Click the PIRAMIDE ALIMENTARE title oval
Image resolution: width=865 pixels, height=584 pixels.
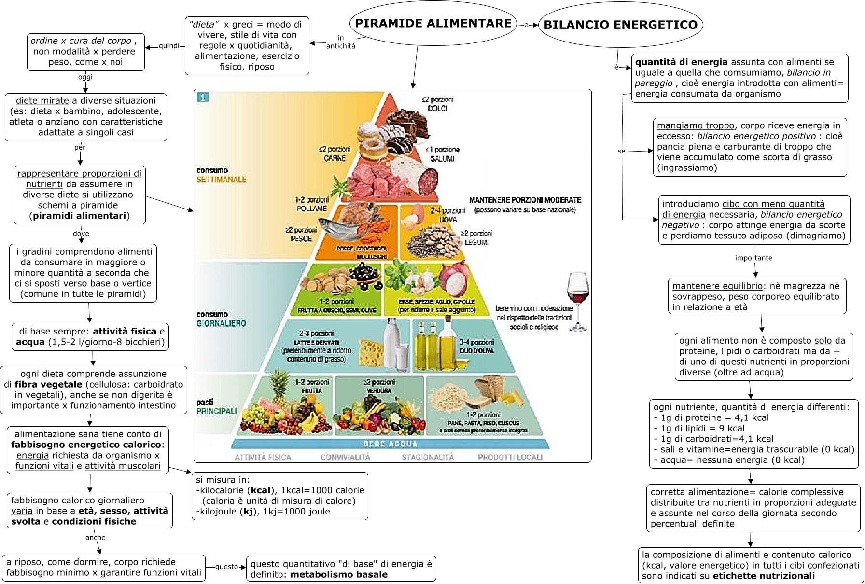point(433,24)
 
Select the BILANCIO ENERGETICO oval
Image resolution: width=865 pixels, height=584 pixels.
point(620,25)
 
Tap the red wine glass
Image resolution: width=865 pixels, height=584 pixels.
point(577,301)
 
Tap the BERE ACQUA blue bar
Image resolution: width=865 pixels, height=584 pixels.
point(390,444)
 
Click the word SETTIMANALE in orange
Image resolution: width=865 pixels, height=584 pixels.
point(221,180)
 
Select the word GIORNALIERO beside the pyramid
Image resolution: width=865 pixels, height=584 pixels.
point(221,323)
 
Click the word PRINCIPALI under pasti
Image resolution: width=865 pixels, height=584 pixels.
point(217,411)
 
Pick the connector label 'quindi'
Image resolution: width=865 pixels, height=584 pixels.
point(169,46)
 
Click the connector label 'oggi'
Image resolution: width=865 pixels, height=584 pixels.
point(85,77)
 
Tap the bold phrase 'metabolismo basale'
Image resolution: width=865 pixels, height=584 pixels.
point(339,574)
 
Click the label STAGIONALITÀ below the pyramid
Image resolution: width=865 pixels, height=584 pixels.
point(428,457)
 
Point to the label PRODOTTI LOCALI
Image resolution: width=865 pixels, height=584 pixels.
point(510,457)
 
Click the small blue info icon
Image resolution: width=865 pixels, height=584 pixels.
point(203,97)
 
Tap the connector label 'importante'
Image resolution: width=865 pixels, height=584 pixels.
point(753,258)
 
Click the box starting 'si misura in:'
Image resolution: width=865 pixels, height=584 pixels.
point(280,496)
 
